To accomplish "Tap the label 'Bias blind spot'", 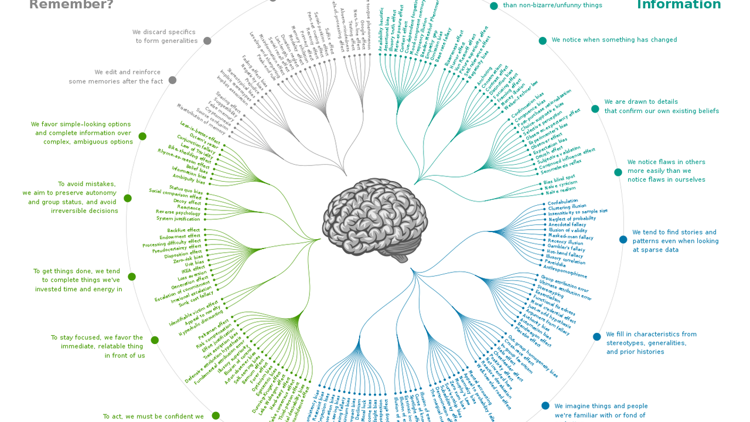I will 560,179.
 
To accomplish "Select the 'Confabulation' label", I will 562,202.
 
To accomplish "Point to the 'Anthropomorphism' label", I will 565,271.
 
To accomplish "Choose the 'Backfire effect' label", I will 183,230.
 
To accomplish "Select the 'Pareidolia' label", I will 557,262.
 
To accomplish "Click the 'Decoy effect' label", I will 187,202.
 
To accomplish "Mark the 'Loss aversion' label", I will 192,275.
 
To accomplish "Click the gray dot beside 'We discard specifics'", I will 207,41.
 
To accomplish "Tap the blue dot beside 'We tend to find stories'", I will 623,240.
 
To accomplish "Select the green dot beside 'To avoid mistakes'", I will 128,198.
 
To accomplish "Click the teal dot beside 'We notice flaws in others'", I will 618,172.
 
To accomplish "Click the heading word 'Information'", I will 679,5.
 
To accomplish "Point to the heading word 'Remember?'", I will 71,5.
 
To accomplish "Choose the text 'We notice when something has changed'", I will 614,40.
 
